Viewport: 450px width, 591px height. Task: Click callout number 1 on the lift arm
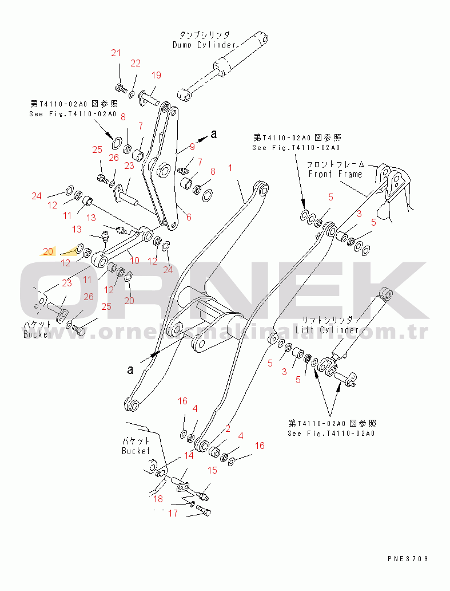coord(230,168)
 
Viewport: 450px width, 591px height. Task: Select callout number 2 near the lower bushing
coord(228,428)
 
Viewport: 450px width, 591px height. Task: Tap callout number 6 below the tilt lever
coord(189,217)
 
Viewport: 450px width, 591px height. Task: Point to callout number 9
coord(192,147)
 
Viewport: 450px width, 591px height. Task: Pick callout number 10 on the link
coord(135,260)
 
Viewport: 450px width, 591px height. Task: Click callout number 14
coord(188,456)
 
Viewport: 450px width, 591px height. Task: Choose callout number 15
coord(212,470)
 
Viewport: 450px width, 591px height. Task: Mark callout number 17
coord(173,514)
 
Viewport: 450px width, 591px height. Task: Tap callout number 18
coord(157,499)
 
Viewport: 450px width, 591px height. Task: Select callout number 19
coord(156,75)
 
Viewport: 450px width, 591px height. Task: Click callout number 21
coord(116,53)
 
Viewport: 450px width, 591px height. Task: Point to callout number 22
coord(136,63)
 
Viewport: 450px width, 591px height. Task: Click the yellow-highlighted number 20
coord(49,251)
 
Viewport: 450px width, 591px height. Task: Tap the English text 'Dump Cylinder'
coord(204,45)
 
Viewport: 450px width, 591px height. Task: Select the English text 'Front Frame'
coord(335,174)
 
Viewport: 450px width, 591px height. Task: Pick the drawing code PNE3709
coord(407,558)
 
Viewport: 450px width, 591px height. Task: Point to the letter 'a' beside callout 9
coord(214,135)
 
